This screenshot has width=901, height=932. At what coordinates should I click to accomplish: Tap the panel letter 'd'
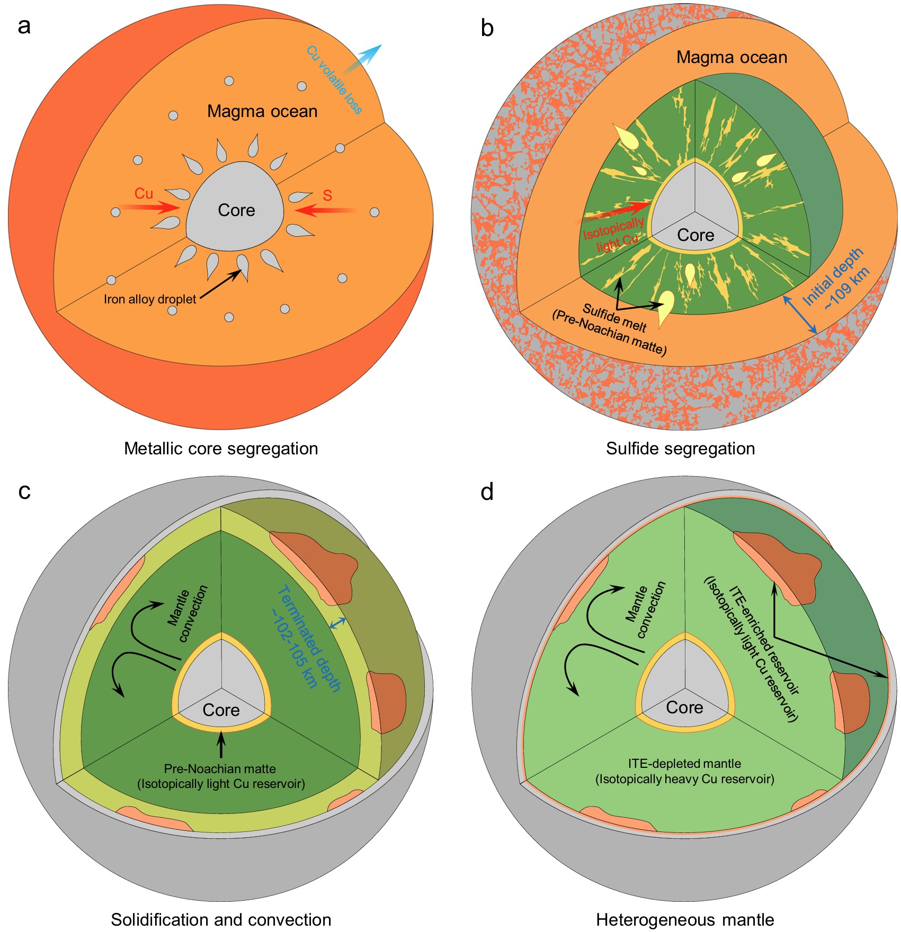coord(487,492)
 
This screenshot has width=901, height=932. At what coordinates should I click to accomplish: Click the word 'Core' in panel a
coord(236,210)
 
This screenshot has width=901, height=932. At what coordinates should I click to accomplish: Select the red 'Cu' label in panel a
coord(144,193)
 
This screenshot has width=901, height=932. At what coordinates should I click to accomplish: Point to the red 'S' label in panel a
coord(327,195)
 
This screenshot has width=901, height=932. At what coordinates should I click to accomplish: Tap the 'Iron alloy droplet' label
coord(150,299)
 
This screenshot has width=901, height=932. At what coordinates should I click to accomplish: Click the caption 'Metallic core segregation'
coord(221,449)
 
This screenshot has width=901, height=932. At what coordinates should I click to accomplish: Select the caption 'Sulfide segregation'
coord(680,449)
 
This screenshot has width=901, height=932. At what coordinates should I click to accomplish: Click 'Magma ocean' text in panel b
coord(731,57)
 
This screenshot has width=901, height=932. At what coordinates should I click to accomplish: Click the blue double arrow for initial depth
coord(800,315)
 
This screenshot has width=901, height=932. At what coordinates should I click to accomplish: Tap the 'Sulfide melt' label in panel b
coord(614,317)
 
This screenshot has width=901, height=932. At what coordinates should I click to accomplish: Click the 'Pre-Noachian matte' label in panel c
coord(220,769)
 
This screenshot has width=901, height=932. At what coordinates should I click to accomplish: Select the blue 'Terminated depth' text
coord(309,638)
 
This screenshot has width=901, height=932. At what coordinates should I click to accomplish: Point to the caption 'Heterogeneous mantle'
coord(685,920)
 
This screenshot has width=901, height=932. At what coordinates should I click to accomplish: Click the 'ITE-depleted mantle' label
coord(684,764)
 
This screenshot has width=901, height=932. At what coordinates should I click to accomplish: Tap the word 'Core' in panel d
coord(684,707)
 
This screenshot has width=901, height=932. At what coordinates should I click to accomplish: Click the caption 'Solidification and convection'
coord(221,920)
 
